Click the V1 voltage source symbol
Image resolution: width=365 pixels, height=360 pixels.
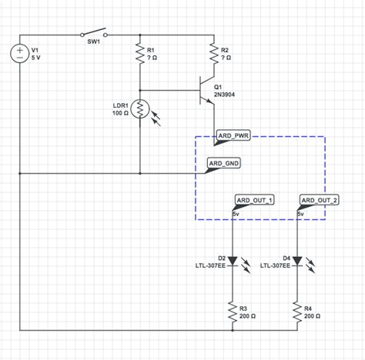tap(20, 54)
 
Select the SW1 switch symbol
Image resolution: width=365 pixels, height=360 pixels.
tap(92, 35)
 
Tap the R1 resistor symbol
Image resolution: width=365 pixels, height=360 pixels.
tap(140, 54)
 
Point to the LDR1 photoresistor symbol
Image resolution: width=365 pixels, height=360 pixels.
tap(140, 109)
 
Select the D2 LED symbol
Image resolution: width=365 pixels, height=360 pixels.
tap(233, 261)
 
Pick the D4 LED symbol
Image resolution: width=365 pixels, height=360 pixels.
tap(297, 261)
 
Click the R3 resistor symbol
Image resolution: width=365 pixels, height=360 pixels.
tap(233, 311)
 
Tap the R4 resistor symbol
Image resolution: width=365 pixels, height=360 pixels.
tap(297, 311)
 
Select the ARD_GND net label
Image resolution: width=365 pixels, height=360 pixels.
tap(224, 163)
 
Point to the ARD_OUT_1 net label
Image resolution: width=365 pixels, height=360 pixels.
tap(254, 200)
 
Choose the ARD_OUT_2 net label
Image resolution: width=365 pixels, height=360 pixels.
tap(319, 200)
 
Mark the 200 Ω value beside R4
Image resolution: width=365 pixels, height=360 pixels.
tap(313, 315)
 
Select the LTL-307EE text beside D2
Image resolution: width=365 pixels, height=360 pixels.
tap(210, 265)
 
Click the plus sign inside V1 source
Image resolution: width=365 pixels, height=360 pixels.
tap(20, 49)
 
